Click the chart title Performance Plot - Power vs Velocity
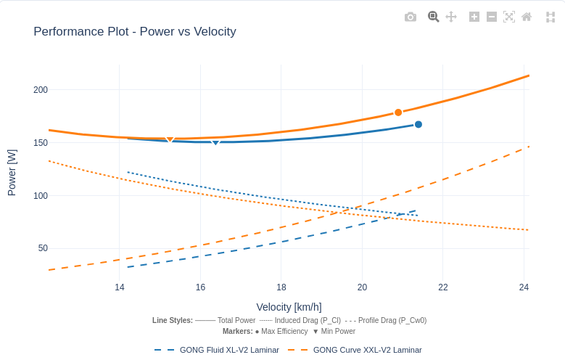coord(135,32)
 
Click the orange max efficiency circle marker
coord(398,112)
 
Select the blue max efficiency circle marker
coord(418,125)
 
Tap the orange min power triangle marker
coord(170,139)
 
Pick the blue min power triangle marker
coord(215,142)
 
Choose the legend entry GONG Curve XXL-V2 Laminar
coord(367,350)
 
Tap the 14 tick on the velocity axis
coord(120,287)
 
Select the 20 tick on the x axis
coord(362,287)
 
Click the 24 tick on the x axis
coord(524,287)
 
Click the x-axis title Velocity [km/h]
coord(289,307)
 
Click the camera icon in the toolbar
coord(411,17)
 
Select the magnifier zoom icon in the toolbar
coord(434,17)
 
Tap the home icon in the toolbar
coord(527,17)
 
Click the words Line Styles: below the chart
coord(173,320)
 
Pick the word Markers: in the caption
coord(236,331)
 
